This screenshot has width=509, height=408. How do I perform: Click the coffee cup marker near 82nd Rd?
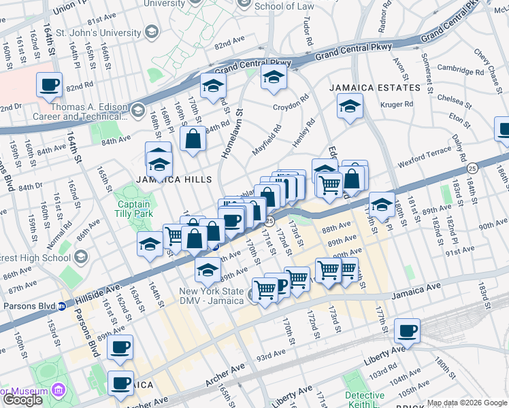point(50,86)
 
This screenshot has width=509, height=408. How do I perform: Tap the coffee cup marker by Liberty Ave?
point(407,331)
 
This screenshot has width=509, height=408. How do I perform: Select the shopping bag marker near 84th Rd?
point(193,139)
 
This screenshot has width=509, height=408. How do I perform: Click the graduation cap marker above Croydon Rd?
point(274,77)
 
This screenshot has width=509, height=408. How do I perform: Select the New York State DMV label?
point(212,296)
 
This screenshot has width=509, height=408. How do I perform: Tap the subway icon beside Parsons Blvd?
point(61,305)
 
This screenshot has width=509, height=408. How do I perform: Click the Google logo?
point(22,400)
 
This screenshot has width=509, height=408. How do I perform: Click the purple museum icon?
point(59,391)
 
